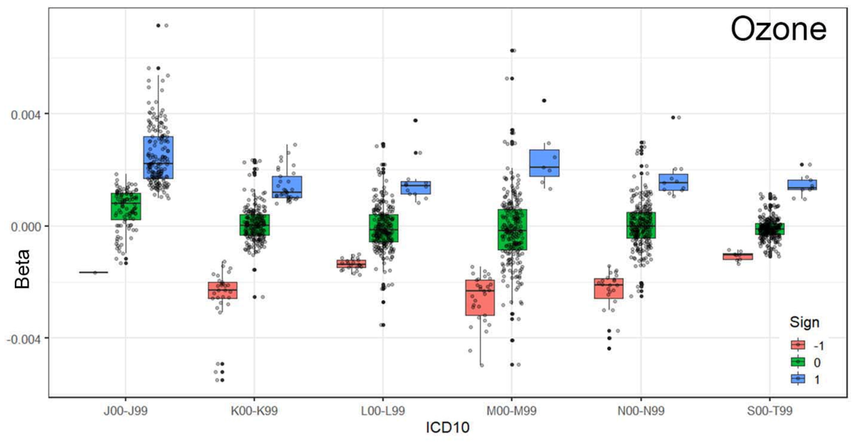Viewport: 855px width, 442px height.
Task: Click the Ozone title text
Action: coord(778,30)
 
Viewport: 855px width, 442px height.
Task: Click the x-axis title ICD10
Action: coord(447,427)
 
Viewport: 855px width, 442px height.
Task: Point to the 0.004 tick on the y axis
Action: coord(26,115)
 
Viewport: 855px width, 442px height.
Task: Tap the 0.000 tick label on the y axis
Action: coord(26,227)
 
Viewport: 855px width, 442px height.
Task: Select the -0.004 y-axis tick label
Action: coord(24,340)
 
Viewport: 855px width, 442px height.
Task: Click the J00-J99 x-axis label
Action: coord(126,411)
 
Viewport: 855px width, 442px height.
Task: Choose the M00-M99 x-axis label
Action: coord(511,411)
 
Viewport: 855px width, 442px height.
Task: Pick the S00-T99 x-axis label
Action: coord(770,411)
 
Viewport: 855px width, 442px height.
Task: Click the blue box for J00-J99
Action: coord(158,157)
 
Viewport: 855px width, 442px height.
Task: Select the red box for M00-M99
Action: coord(480,297)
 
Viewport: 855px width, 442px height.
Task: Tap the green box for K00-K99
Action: coord(255,225)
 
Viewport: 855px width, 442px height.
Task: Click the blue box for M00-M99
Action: coord(544,163)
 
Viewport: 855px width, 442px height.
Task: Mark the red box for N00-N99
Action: coord(609,288)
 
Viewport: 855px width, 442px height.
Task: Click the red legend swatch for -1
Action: coord(798,345)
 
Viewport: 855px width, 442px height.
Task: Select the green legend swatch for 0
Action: coord(798,362)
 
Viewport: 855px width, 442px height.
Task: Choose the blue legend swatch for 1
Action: coord(798,379)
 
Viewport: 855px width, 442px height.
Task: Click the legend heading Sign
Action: coord(804,322)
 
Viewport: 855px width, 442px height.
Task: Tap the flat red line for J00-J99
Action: coord(94,273)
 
